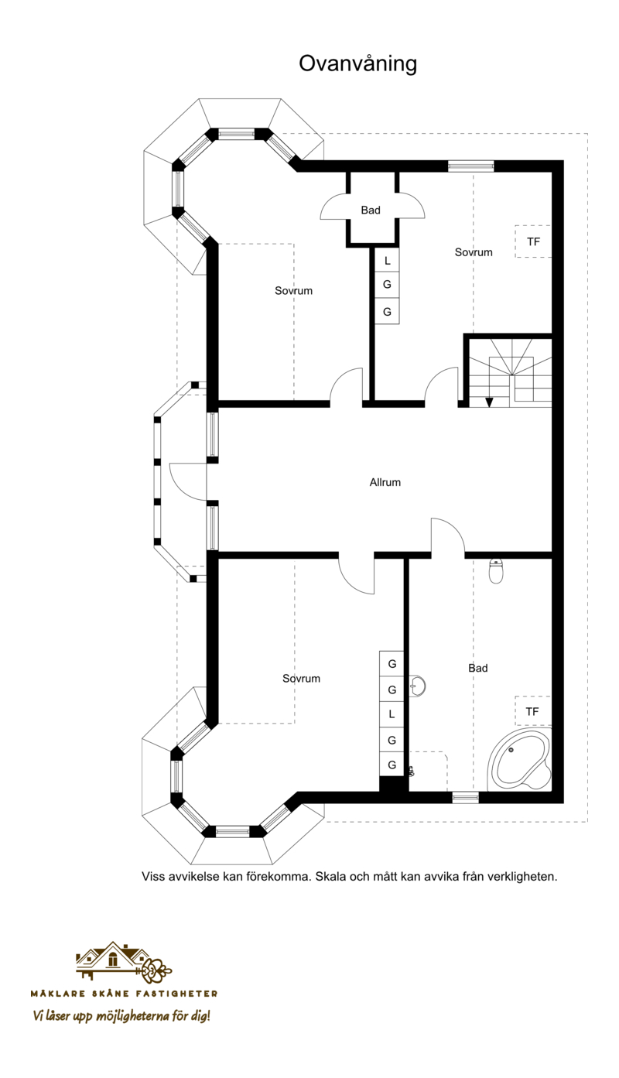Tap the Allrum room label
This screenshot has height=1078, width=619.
(385, 482)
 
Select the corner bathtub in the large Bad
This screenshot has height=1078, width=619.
(520, 760)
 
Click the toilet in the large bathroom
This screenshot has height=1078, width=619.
(495, 571)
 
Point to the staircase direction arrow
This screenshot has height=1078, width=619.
(489, 402)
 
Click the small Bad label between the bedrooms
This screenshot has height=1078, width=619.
(371, 210)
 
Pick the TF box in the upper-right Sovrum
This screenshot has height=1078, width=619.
(533, 241)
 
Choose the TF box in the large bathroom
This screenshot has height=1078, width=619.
(532, 711)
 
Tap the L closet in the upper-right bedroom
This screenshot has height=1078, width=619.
(388, 262)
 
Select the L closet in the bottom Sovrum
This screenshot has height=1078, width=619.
(392, 714)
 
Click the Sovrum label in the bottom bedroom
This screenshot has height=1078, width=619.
(301, 679)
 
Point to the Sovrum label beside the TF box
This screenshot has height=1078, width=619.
(474, 252)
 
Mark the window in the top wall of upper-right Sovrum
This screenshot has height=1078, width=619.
(470, 166)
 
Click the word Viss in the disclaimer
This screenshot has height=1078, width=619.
(152, 876)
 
